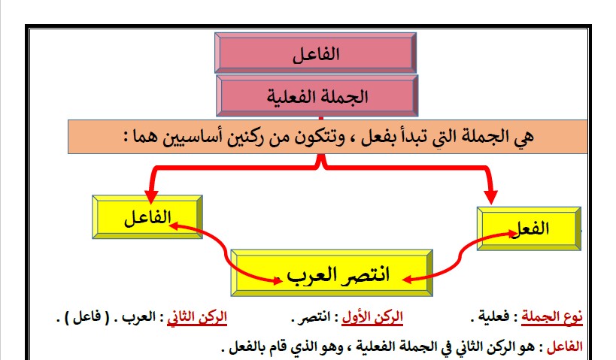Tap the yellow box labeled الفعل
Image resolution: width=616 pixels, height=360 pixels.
[530, 228]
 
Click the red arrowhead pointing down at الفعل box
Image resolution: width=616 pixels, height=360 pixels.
[490, 198]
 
